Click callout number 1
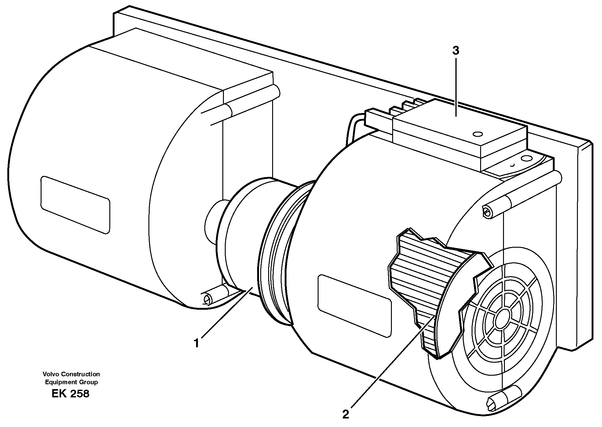point(196,343)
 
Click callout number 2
point(345,415)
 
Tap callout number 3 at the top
point(455,51)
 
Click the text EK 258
point(70,394)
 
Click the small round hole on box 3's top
point(477,134)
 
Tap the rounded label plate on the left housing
point(75,205)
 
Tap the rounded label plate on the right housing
point(354,306)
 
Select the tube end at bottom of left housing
point(207,298)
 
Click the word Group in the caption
point(89,382)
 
